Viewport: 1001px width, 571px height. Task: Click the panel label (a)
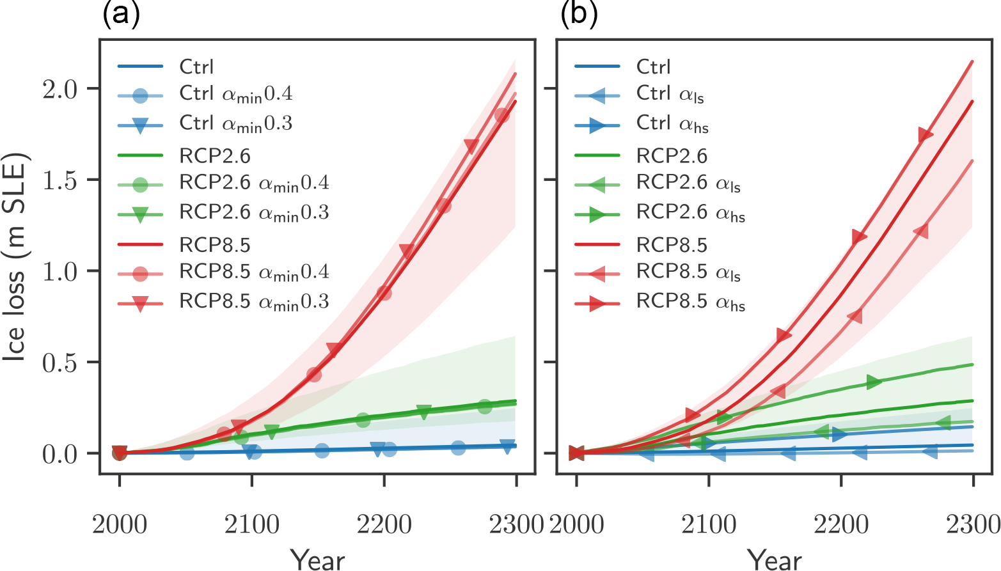(121, 14)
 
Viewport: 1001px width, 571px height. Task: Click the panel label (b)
(579, 14)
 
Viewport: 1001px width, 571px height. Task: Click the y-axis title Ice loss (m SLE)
(14, 256)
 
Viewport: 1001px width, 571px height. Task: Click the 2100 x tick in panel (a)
(251, 525)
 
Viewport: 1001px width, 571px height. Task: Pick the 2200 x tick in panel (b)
(840, 525)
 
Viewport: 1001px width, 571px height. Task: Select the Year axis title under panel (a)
(318, 558)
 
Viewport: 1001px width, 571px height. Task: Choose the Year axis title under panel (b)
(775, 558)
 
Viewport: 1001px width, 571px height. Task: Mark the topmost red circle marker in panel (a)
(502, 116)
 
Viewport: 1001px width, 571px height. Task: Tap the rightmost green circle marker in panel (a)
(485, 406)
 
